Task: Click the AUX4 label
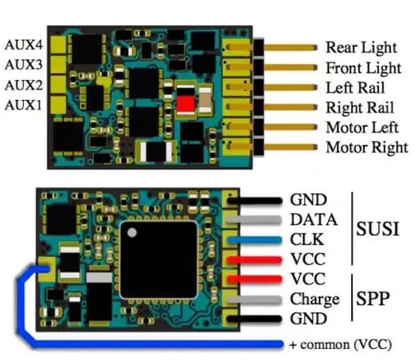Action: (x=24, y=45)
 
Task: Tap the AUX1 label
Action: (x=24, y=105)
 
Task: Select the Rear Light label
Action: (x=361, y=48)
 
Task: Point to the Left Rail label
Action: (x=355, y=88)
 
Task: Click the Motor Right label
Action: (x=367, y=147)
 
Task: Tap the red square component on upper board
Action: (x=186, y=104)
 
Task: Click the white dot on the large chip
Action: (x=132, y=233)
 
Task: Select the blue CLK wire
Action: (x=254, y=240)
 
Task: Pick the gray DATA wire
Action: (x=254, y=220)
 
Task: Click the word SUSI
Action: (x=377, y=229)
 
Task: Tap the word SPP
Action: (x=373, y=298)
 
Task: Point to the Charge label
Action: (x=315, y=300)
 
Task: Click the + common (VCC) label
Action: (x=341, y=345)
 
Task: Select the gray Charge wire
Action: (x=254, y=300)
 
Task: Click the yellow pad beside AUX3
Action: (x=58, y=65)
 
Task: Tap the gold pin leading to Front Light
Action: (x=291, y=67)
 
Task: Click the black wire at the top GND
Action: (x=254, y=201)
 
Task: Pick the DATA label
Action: (x=314, y=220)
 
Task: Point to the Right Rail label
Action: (x=360, y=108)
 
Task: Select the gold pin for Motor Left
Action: (x=291, y=127)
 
